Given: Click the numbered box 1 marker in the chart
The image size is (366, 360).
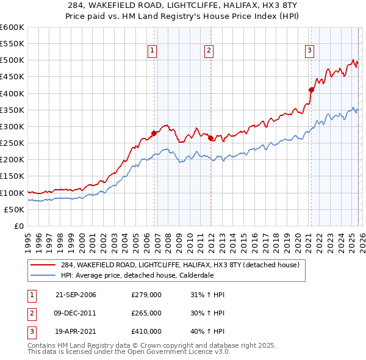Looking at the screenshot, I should tap(151, 51).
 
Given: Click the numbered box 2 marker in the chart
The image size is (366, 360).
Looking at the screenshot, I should tap(209, 51).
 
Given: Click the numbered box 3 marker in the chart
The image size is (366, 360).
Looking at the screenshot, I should tap(309, 51).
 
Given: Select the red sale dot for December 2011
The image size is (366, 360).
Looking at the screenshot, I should tap(210, 139).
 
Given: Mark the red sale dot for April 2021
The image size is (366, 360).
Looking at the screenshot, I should tap(311, 90).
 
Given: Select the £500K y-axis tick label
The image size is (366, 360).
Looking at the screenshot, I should tap(12, 60).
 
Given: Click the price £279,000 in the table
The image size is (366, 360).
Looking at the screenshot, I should tap(146, 295).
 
